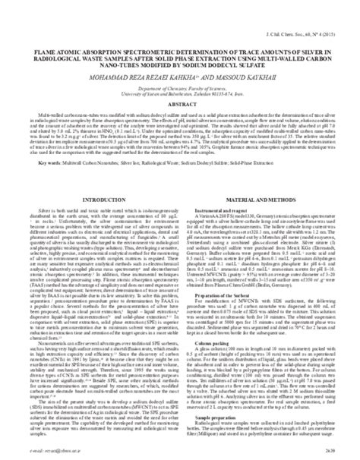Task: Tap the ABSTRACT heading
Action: (x=180, y=106)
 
